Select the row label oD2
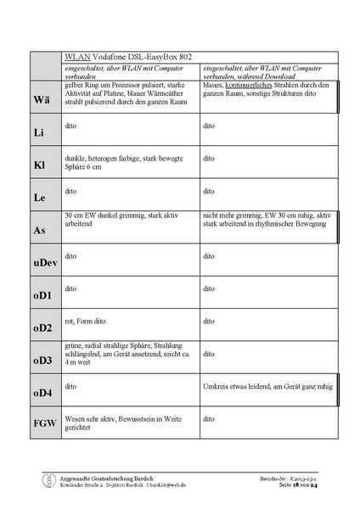(x=43, y=328)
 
